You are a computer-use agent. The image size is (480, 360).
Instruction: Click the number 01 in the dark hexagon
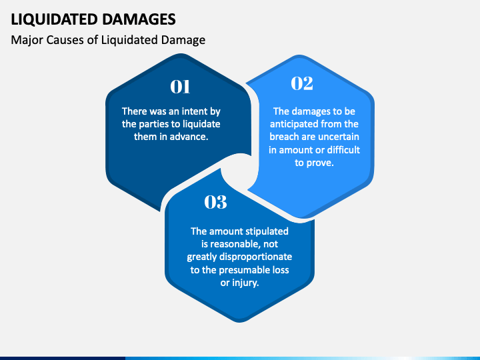coord(181,87)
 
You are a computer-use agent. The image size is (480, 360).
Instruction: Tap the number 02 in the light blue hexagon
coord(302,83)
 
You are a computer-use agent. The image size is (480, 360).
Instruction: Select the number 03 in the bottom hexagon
coord(215,202)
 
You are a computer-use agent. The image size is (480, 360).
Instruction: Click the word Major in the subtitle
coord(25,40)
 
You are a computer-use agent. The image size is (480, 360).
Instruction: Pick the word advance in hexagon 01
coord(191,136)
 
